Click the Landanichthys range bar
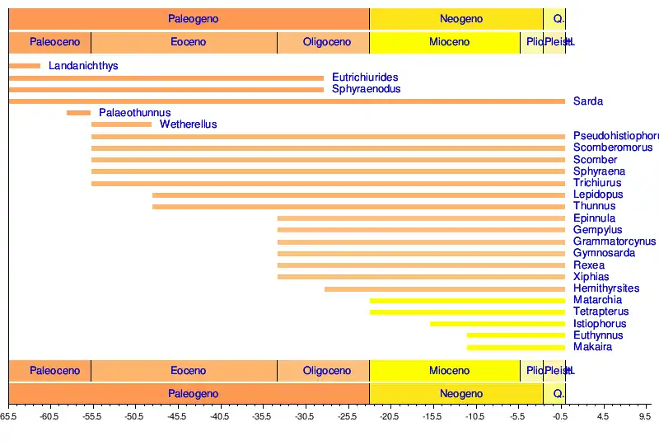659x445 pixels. [x=25, y=66]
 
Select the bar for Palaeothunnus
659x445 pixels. [x=79, y=113]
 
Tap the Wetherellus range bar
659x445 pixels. [x=122, y=124]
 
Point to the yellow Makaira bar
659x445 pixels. [x=516, y=348]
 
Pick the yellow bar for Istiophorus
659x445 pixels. [x=498, y=324]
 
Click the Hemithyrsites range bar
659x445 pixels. [x=445, y=289]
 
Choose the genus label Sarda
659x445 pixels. [x=588, y=101]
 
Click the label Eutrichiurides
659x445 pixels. [x=365, y=77]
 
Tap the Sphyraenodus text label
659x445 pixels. [x=366, y=89]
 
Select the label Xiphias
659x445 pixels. [x=591, y=277]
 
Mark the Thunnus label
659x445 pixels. [x=594, y=206]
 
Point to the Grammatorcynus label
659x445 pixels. [x=615, y=241]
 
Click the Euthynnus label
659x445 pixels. [x=598, y=335]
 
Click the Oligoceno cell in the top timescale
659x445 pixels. [x=327, y=42]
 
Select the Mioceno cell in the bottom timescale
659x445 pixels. [x=449, y=371]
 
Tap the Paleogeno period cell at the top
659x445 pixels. [x=194, y=19]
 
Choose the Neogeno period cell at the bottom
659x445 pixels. [x=461, y=394]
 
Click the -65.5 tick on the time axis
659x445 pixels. [x=8, y=417]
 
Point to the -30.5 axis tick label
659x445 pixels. [x=305, y=417]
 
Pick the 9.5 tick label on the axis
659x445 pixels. [x=645, y=417]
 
